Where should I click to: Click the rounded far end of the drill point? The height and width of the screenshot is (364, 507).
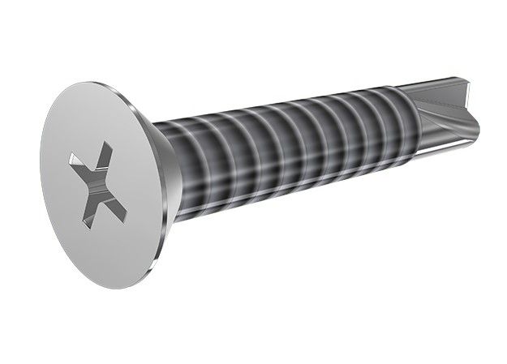tap(475, 122)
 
